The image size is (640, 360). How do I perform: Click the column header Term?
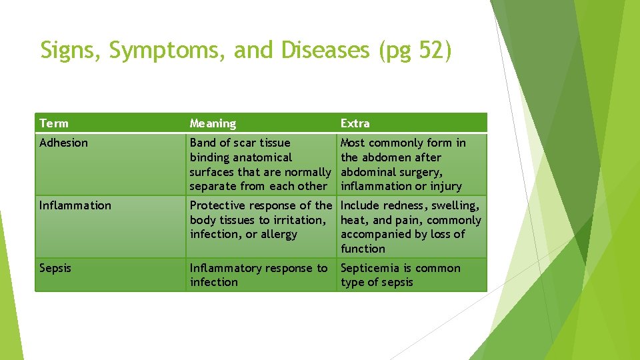coord(54,123)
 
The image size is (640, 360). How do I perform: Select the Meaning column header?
coord(213,123)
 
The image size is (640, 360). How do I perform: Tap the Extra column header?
coord(355,123)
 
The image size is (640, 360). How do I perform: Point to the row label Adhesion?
coord(63,143)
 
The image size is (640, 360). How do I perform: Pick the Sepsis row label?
coord(55,268)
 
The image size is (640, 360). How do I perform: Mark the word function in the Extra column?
coord(363,249)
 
